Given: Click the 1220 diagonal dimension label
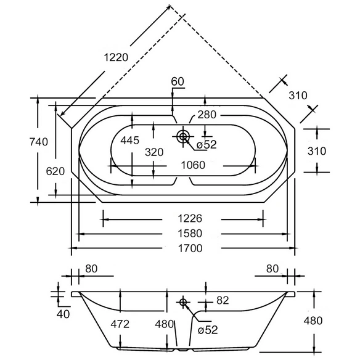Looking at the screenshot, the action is (x=116, y=57).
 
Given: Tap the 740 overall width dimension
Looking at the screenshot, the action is (x=39, y=142).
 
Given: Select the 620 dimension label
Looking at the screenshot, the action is (x=55, y=171).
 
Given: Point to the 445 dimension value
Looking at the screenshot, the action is (x=129, y=141).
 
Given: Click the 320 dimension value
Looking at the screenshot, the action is (x=154, y=152).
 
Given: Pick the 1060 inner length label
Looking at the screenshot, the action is (x=193, y=165).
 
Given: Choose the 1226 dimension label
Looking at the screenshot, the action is (x=190, y=218).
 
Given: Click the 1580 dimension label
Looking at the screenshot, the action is (x=190, y=233).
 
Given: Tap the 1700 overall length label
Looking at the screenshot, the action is (x=190, y=248).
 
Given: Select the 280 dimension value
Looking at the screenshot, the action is (x=207, y=115).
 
